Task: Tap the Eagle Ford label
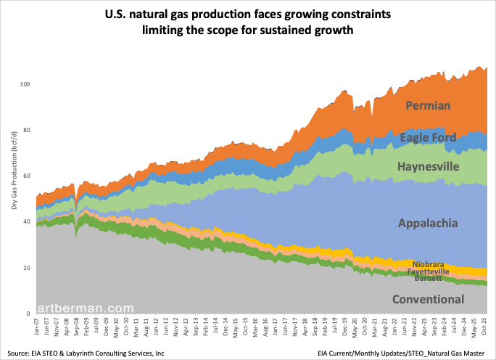point(428,137)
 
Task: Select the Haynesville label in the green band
point(428,167)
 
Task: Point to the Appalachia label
point(428,223)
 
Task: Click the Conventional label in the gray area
point(428,299)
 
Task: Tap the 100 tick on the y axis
point(25,84)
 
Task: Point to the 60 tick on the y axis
point(27,176)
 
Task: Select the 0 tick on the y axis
point(29,314)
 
